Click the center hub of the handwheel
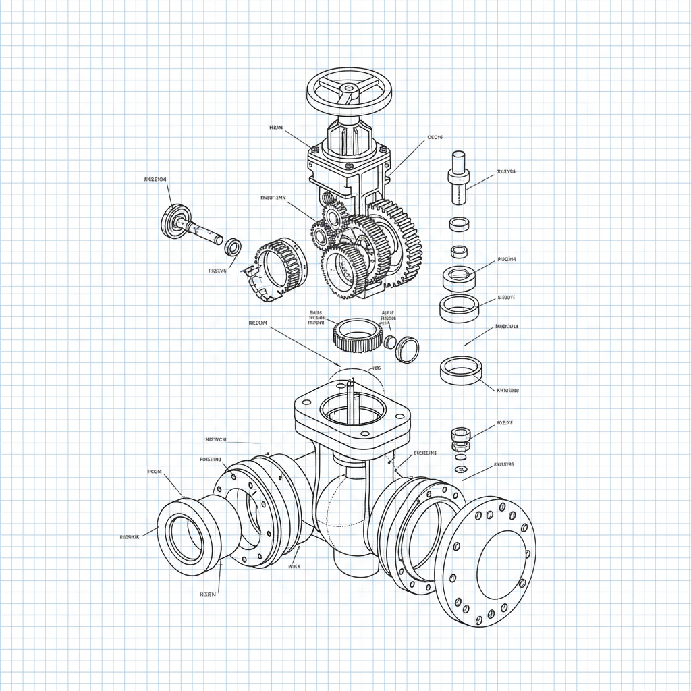349,88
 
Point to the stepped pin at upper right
458,176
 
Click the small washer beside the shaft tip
233,247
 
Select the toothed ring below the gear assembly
358,334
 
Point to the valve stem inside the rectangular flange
351,395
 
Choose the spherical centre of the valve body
344,506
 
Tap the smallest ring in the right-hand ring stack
459,251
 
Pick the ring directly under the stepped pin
460,223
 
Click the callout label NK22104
156,179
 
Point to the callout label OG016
435,137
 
